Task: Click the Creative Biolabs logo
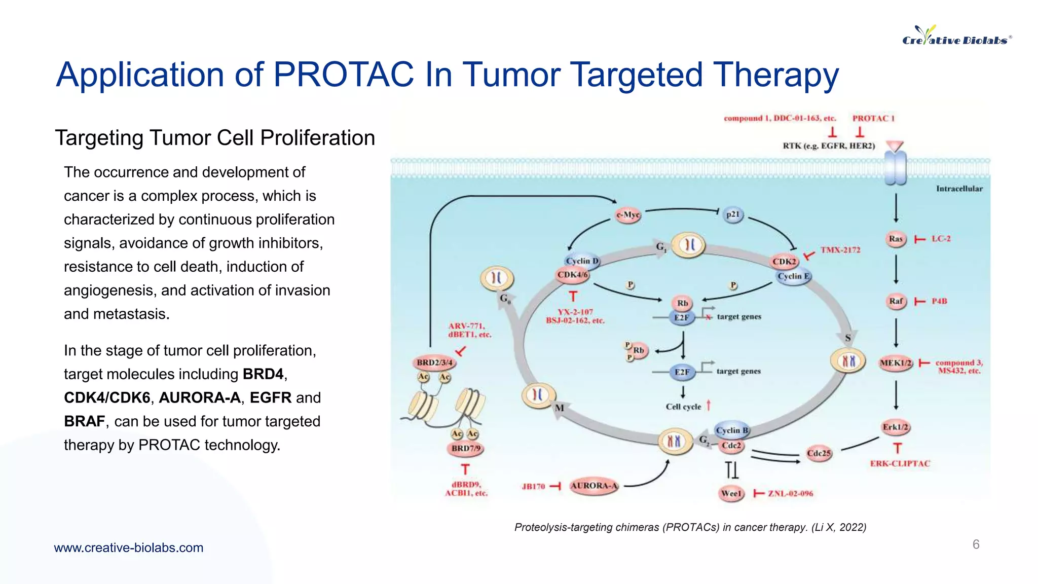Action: pyautogui.click(x=956, y=36)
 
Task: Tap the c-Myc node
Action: pyautogui.click(x=628, y=215)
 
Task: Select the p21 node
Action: pyautogui.click(x=733, y=214)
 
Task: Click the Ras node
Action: pyautogui.click(x=896, y=239)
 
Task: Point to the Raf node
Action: pyautogui.click(x=896, y=301)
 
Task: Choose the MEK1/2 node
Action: pyautogui.click(x=896, y=363)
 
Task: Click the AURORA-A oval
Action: pyautogui.click(x=594, y=486)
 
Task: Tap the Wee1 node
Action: pyautogui.click(x=731, y=493)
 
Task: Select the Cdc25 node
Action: pyautogui.click(x=819, y=453)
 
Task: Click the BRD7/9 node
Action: pyautogui.click(x=466, y=448)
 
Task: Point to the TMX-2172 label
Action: pyautogui.click(x=840, y=250)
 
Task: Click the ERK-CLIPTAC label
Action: pyautogui.click(x=900, y=463)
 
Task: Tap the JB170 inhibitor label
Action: pyautogui.click(x=533, y=487)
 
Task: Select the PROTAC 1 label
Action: pyautogui.click(x=873, y=119)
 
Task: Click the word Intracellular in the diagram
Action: pyautogui.click(x=959, y=189)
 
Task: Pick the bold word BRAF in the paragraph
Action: pyautogui.click(x=84, y=421)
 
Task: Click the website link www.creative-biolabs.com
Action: pyautogui.click(x=128, y=547)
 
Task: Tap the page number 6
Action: pyautogui.click(x=976, y=544)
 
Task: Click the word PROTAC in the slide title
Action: pyautogui.click(x=343, y=75)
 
